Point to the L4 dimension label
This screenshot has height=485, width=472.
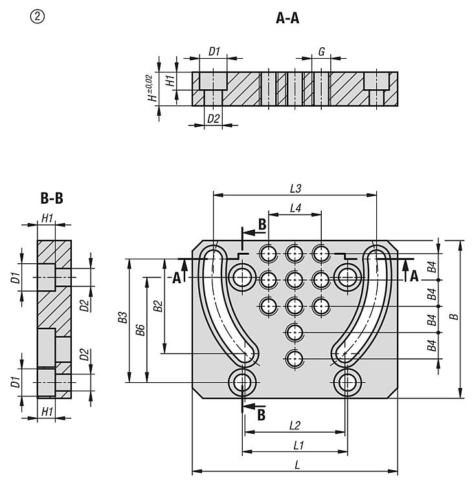pyautogui.click(x=295, y=208)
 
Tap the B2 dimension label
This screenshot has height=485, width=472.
pyautogui.click(x=159, y=306)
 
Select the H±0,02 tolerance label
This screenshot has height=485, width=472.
pyautogui.click(x=151, y=88)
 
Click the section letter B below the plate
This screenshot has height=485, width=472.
pyautogui.click(x=261, y=415)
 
